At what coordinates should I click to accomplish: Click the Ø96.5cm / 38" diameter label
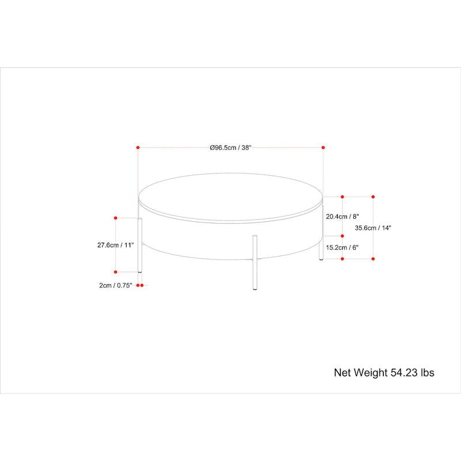click(231, 148)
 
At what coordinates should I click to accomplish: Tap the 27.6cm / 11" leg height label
click(115, 245)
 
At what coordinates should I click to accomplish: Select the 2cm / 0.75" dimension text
click(116, 285)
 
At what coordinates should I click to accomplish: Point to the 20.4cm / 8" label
click(342, 217)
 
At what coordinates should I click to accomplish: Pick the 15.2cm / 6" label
click(342, 247)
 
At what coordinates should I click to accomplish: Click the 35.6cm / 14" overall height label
click(373, 228)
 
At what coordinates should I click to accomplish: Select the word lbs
click(428, 373)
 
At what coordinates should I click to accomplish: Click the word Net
click(343, 373)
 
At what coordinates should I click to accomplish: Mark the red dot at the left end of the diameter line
click(138, 148)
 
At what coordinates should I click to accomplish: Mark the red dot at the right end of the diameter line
click(323, 148)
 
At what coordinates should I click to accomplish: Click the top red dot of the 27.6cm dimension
click(116, 218)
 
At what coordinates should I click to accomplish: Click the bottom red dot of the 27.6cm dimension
click(116, 271)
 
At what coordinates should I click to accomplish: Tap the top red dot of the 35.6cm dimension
click(373, 196)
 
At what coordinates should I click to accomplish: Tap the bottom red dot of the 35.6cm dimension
click(373, 259)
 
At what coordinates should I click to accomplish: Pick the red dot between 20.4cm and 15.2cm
click(342, 236)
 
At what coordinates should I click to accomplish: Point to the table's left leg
click(140, 245)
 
